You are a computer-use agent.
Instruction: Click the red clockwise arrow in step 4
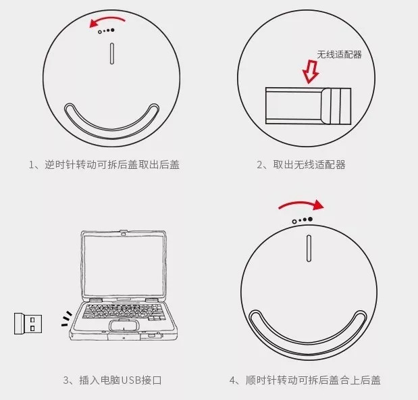click(x=301, y=203)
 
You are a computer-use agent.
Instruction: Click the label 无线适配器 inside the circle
click(x=340, y=55)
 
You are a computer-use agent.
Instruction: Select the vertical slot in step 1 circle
click(x=112, y=53)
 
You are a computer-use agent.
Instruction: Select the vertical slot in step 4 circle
click(x=309, y=248)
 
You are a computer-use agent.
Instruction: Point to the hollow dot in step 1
click(x=100, y=32)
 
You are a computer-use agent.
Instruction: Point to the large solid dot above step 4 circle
click(x=310, y=219)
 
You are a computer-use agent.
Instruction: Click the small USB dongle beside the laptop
click(x=28, y=324)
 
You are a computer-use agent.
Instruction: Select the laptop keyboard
click(x=123, y=311)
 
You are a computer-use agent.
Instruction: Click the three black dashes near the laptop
click(x=67, y=319)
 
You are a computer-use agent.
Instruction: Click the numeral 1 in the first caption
click(x=31, y=165)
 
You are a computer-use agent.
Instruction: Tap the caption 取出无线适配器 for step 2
click(x=309, y=165)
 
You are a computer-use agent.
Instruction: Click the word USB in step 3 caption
click(x=131, y=380)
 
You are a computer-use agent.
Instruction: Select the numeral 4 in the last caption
click(x=232, y=380)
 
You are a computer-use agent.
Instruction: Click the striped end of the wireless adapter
click(x=336, y=106)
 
